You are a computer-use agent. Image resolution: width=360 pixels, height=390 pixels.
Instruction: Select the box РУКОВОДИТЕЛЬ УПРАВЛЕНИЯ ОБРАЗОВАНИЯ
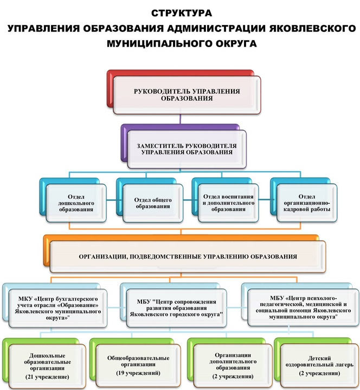(x=187, y=95)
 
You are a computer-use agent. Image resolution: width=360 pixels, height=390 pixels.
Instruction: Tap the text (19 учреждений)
(x=136, y=374)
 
